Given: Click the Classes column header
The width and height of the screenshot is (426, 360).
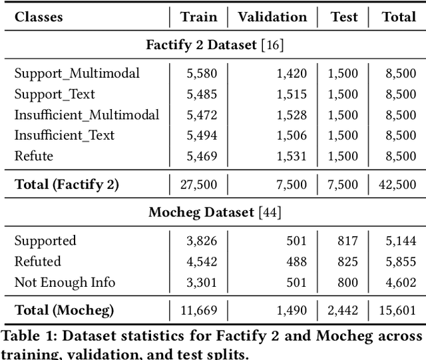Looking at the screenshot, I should pyautogui.click(x=39, y=17).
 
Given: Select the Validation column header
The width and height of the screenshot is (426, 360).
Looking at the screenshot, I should pyautogui.click(x=272, y=17).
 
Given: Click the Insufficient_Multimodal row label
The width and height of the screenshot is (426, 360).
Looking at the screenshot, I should pyautogui.click(x=87, y=115).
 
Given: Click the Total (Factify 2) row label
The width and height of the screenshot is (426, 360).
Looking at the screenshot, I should pyautogui.click(x=67, y=184).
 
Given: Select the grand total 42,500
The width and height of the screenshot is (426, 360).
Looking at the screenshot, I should pyautogui.click(x=397, y=184).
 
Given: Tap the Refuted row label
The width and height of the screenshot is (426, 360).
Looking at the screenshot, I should pyautogui.click(x=37, y=262).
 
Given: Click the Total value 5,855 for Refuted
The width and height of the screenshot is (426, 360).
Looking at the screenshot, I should pyautogui.click(x=399, y=262).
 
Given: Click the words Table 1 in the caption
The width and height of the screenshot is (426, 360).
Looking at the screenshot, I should pyautogui.click(x=27, y=336).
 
